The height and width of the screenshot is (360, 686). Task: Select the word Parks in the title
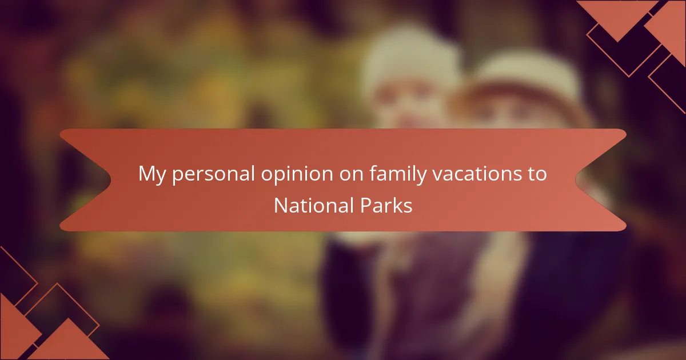point(386,205)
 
